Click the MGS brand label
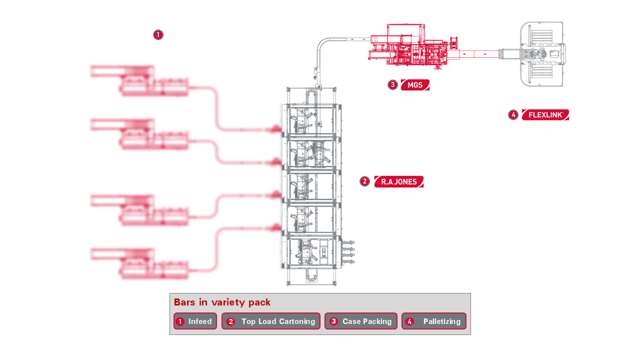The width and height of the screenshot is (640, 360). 415,85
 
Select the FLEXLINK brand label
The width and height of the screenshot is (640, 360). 545,115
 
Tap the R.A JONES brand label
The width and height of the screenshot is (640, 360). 399,181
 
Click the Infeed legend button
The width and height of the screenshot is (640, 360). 195,321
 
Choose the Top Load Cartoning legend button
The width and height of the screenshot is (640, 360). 270,321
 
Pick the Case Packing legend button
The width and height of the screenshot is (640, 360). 361,321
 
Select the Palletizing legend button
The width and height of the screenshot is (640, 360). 434,321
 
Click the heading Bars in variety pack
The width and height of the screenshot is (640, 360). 222,302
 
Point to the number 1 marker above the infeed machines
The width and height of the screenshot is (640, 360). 158,35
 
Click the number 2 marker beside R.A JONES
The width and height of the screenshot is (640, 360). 364,181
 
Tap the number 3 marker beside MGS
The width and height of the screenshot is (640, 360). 392,85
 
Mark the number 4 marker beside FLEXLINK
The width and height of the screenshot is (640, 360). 513,115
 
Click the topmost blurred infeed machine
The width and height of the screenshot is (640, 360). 139,80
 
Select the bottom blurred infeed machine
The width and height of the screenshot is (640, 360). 139,262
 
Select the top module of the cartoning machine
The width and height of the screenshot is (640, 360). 311,120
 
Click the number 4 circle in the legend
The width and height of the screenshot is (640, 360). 410,321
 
